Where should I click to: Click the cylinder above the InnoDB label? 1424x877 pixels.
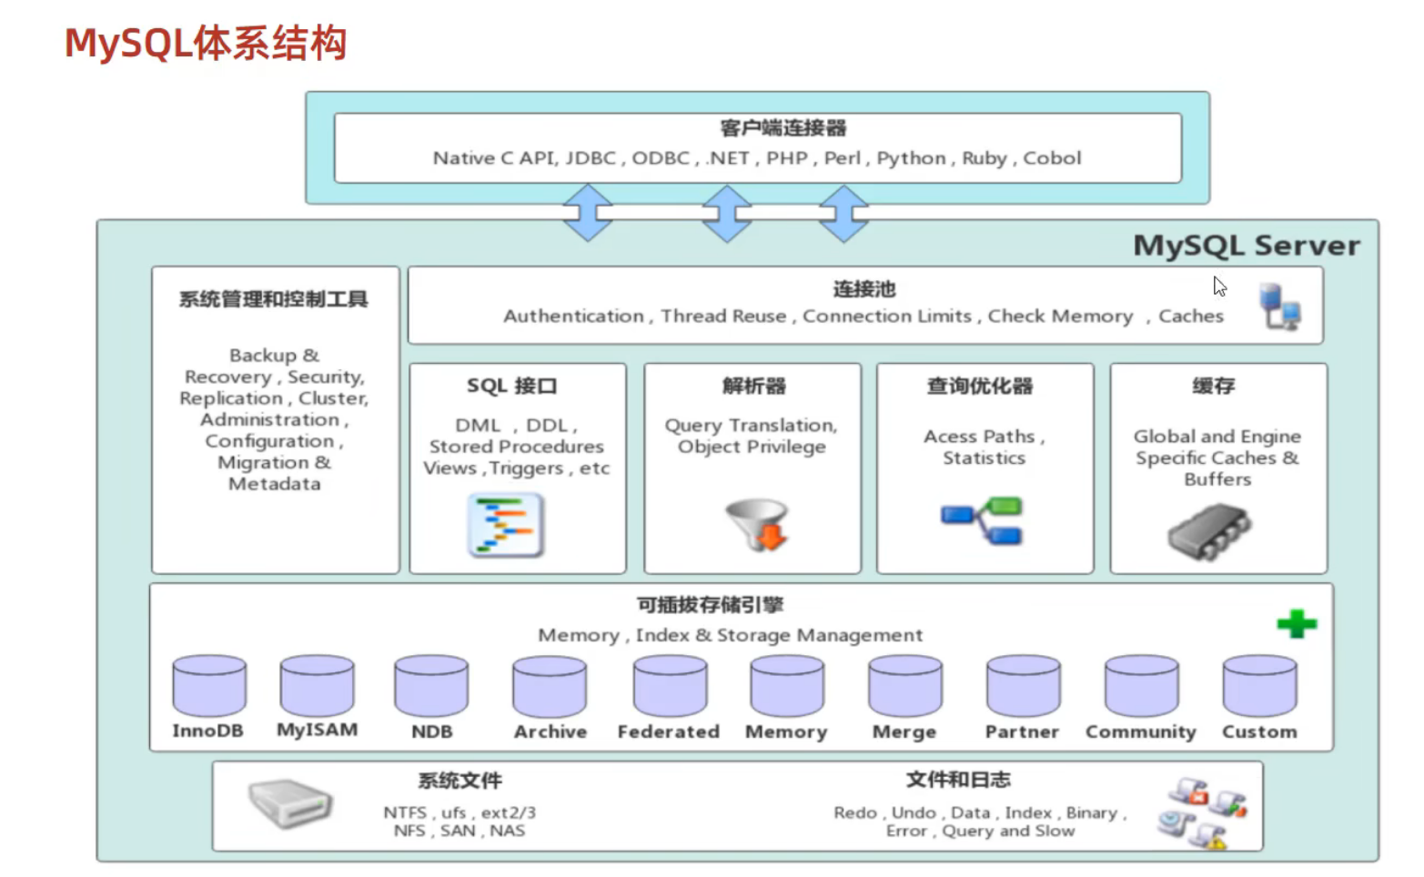(209, 686)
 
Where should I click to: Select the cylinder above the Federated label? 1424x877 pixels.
(670, 686)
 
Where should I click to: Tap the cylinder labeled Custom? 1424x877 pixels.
(1259, 686)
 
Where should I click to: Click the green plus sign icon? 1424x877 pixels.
(1297, 623)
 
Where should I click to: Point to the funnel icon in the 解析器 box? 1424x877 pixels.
(757, 524)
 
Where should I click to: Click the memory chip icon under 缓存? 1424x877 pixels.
(1209, 531)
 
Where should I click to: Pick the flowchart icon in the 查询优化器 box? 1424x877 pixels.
(982, 520)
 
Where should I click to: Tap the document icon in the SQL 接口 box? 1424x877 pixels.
(505, 525)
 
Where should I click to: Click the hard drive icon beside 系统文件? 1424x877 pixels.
(290, 803)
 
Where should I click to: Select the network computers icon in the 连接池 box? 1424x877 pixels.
(1279, 307)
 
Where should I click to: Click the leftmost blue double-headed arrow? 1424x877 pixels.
(588, 213)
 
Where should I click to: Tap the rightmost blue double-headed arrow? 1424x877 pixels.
(843, 214)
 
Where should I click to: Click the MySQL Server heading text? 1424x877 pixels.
(1247, 246)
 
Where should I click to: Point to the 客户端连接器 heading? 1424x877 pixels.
(783, 127)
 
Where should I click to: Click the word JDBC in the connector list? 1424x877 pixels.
(591, 157)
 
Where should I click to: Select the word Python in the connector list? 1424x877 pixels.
(911, 158)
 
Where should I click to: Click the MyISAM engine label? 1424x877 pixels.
(318, 731)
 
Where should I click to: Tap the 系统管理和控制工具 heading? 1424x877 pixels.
(273, 298)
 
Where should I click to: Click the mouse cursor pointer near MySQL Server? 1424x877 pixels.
(1219, 287)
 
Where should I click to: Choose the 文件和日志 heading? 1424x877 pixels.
(958, 780)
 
